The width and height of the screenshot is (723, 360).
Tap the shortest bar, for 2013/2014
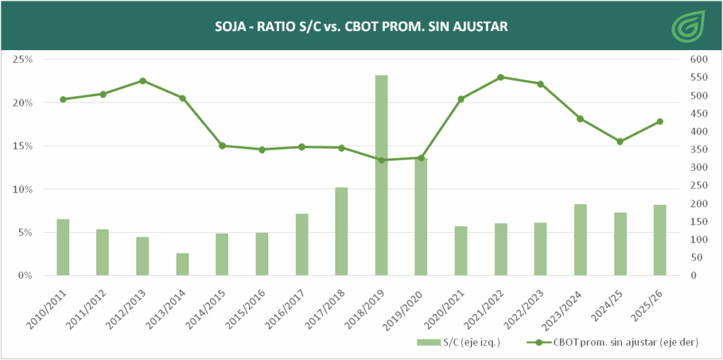pos(182,264)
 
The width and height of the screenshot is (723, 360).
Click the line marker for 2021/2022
pos(501,77)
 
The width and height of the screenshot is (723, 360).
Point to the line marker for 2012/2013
pos(143,80)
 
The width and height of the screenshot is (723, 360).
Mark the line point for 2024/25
pos(620,142)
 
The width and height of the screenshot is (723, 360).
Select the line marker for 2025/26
pos(660,121)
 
